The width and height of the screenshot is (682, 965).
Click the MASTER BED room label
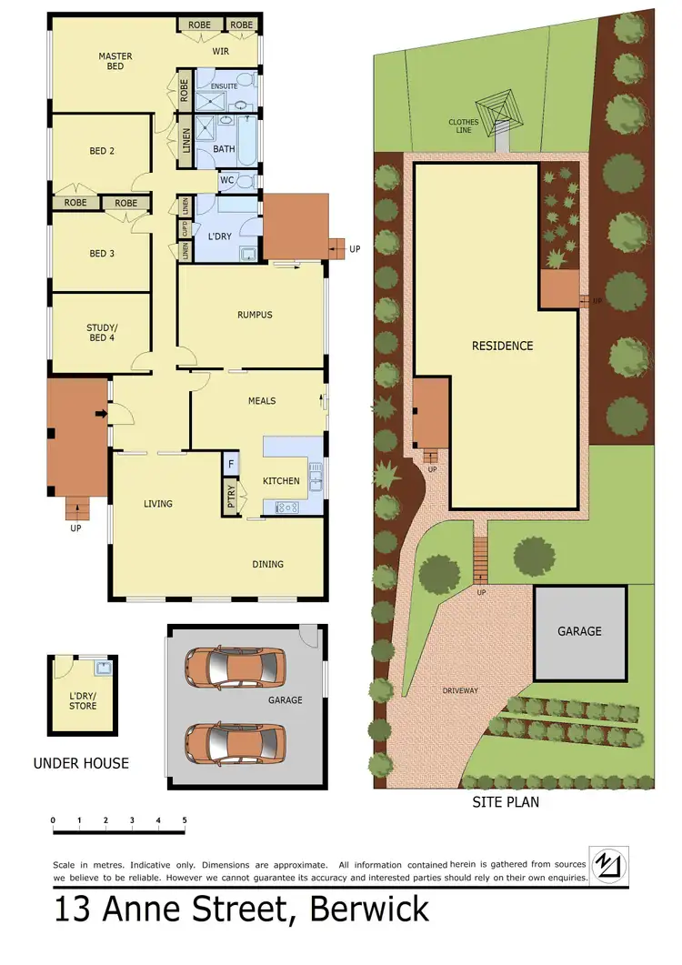[115, 61]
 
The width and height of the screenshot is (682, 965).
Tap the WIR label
[221, 51]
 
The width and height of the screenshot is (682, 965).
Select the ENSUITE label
[224, 86]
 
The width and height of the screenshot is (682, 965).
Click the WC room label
[227, 180]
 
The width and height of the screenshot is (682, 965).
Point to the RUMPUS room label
[255, 315]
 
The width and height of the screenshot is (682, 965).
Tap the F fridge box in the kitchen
[231, 464]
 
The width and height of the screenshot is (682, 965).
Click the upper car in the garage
[235, 668]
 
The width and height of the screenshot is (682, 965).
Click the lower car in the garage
[235, 742]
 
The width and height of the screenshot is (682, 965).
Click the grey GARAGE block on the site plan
[579, 632]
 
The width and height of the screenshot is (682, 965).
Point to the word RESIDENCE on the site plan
[502, 346]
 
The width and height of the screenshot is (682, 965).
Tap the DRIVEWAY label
[459, 690]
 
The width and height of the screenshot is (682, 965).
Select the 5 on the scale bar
[185, 820]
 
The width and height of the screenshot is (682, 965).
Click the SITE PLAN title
[505, 802]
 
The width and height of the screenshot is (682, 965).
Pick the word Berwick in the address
[369, 910]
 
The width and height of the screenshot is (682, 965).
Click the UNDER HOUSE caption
[81, 763]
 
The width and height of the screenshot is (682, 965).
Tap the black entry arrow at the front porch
[100, 416]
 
